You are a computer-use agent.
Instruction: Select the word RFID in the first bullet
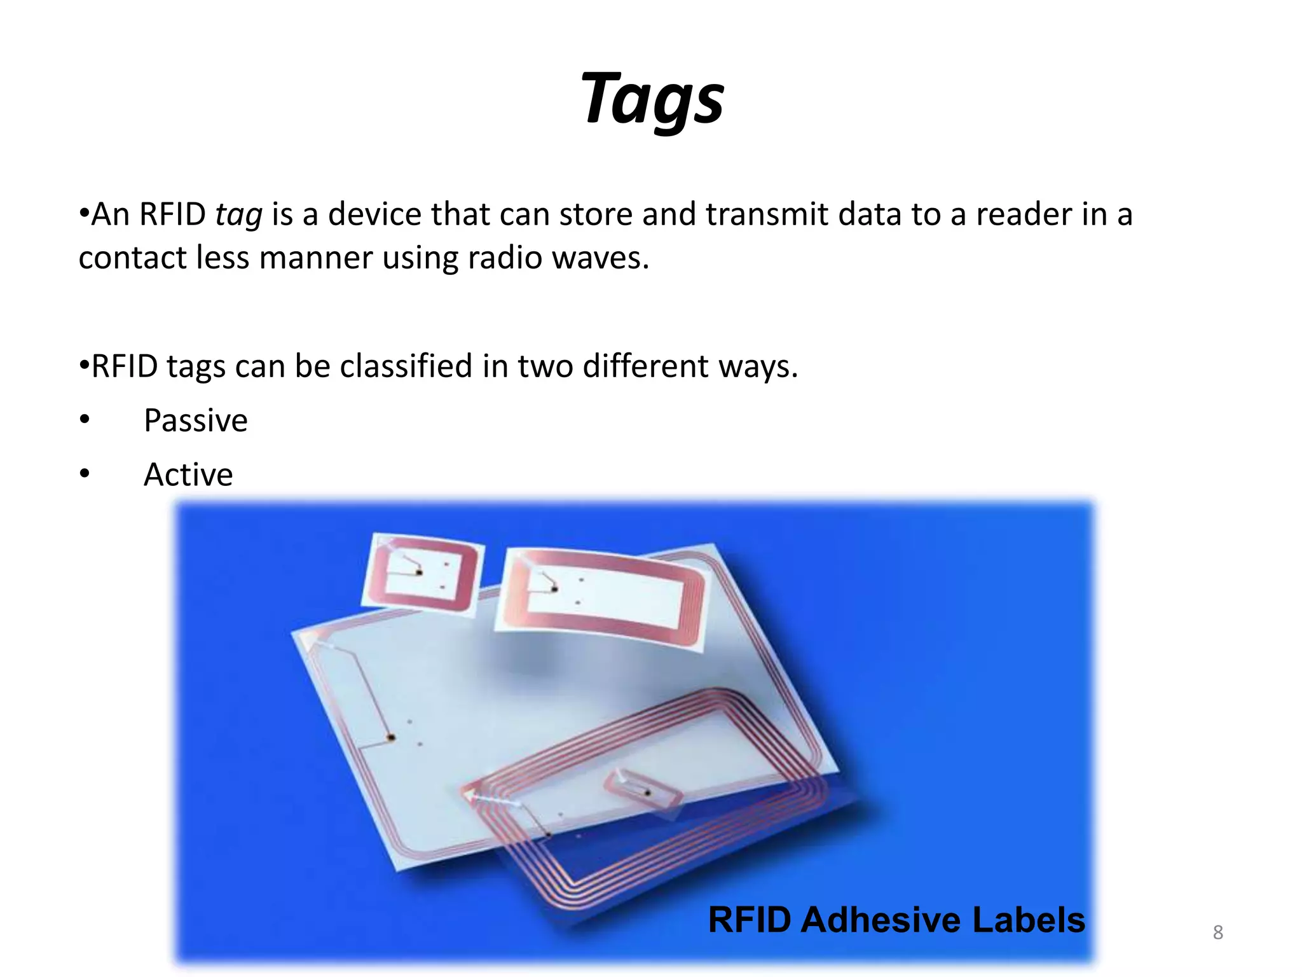click(x=172, y=214)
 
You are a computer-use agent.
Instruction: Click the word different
click(x=645, y=366)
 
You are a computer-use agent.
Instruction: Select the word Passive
click(x=195, y=420)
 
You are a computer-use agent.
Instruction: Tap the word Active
click(x=188, y=475)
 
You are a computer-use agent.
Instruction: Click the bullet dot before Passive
click(x=85, y=420)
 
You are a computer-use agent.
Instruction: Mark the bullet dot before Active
click(x=85, y=474)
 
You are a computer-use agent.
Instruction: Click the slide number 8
click(x=1217, y=932)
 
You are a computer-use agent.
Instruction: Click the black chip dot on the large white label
click(x=391, y=738)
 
